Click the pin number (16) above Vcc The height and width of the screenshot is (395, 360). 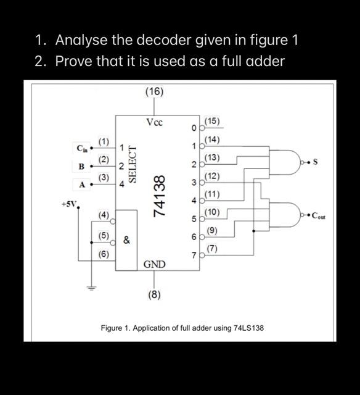tap(154, 92)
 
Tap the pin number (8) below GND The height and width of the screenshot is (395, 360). tap(154, 294)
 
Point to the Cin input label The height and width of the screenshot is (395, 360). tap(82, 148)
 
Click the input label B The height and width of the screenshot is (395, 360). tap(81, 166)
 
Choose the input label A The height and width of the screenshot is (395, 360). tap(81, 183)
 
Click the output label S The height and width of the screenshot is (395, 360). tap(316, 162)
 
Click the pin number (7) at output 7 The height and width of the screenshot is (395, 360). tap(212, 249)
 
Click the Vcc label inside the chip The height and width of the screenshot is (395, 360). tap(154, 122)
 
